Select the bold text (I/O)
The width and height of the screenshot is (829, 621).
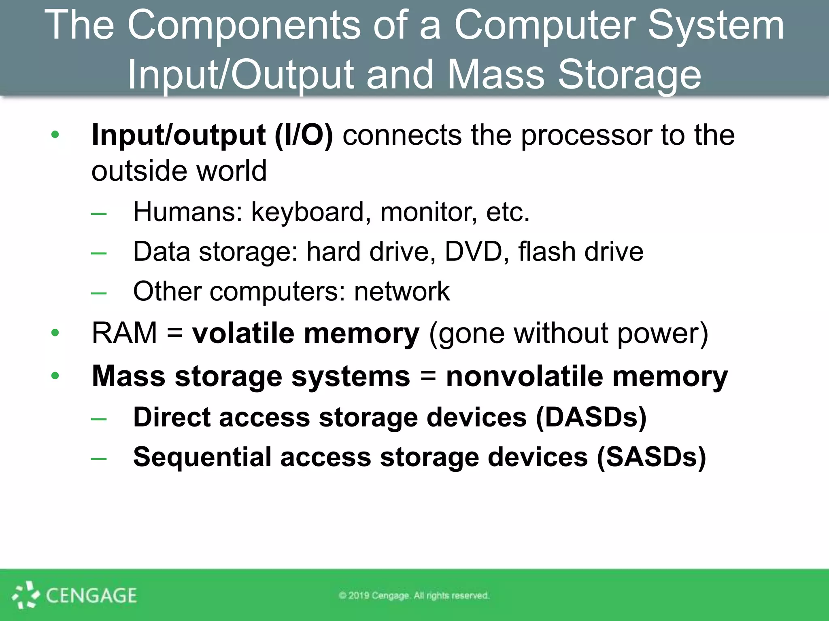coord(304,135)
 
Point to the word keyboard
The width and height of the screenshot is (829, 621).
coord(307,212)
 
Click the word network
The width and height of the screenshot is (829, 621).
coord(402,291)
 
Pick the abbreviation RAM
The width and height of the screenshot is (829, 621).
coord(124,333)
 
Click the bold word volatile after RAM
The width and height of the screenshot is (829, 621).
coord(243,333)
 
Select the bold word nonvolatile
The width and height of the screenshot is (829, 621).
coord(525,376)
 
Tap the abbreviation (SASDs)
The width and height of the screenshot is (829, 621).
coord(651,457)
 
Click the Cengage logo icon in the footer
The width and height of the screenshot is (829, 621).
coord(26,595)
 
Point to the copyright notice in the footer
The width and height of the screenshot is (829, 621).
coord(414,596)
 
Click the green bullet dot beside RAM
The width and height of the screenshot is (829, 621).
coord(55,333)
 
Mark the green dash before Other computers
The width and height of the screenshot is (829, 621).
coord(99,292)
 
